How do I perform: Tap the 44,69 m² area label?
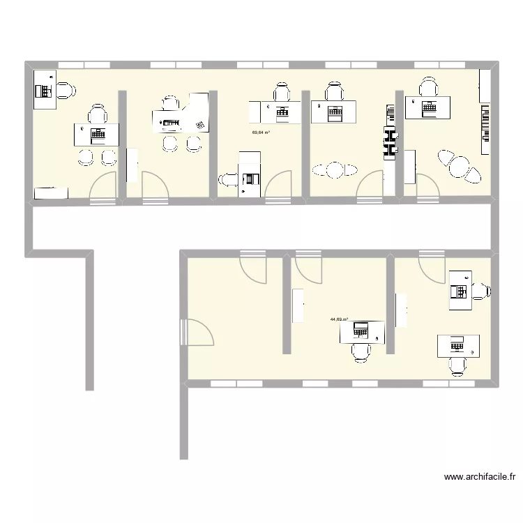340,320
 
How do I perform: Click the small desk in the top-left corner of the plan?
45,89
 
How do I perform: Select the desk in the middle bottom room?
362,331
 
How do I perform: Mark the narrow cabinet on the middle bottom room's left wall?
298,306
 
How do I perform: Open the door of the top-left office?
105,187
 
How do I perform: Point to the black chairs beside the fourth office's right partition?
389,132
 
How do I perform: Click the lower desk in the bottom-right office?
458,345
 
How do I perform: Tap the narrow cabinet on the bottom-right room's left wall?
401,310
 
